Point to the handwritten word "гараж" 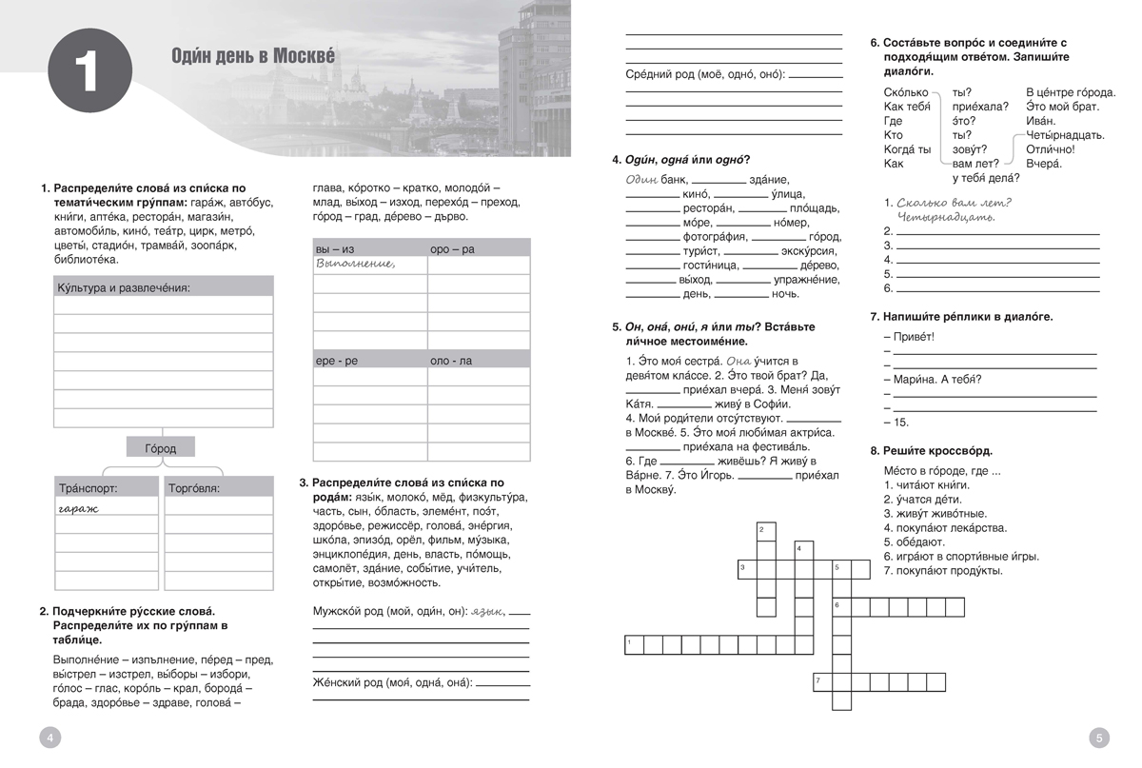[x=78, y=508]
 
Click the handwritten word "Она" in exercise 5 [x=738, y=361]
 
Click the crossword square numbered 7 [x=822, y=681]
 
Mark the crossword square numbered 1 [x=633, y=644]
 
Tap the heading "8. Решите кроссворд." [x=931, y=450]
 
